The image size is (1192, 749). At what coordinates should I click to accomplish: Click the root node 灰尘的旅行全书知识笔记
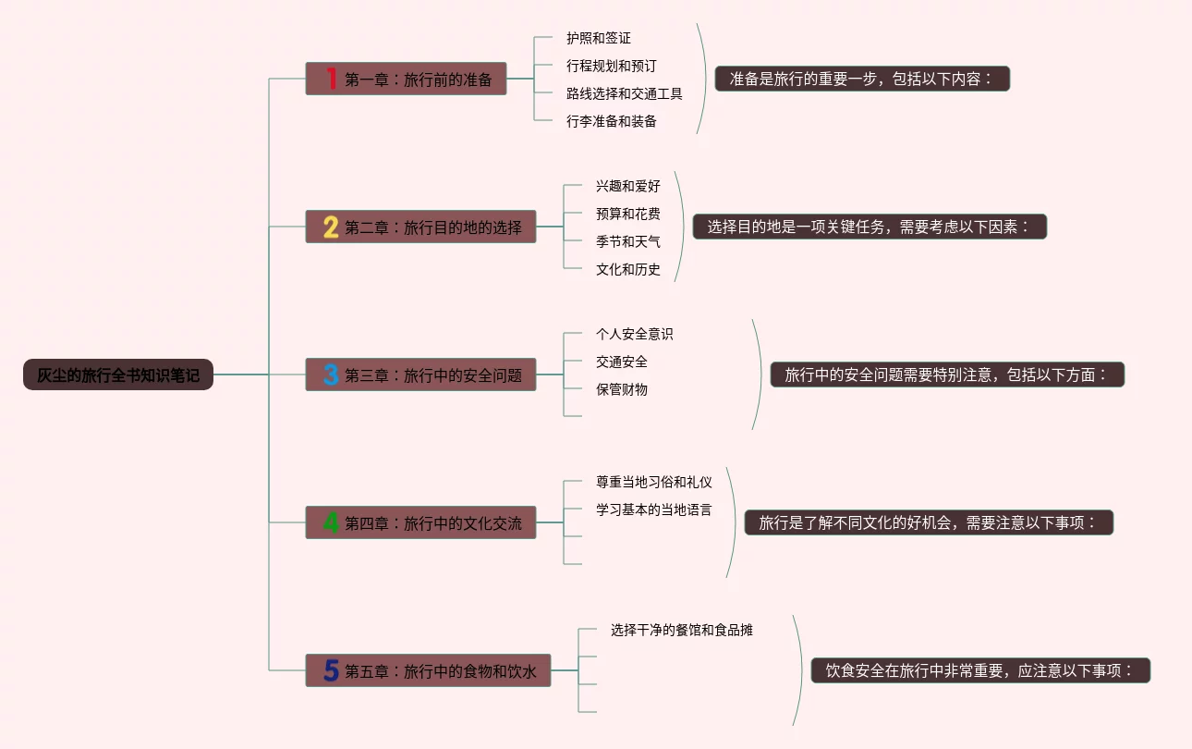coord(118,374)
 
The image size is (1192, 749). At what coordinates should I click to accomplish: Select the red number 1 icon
coord(331,79)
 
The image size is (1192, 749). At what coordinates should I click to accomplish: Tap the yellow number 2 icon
coord(331,227)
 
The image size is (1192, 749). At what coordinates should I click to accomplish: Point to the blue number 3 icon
coord(331,374)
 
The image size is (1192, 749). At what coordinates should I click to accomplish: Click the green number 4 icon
coord(331,522)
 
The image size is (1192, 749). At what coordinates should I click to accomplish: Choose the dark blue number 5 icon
coord(331,670)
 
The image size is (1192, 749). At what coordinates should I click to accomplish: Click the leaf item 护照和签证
coord(599,38)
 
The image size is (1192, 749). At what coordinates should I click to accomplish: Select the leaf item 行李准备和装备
coord(612,121)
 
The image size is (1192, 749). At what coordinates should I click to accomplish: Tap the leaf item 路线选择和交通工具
coord(625,93)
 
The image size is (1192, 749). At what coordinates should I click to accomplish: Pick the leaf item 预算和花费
coord(628,214)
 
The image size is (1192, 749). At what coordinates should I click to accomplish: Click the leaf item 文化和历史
coord(628,269)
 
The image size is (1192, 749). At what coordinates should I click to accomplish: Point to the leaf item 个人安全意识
coord(635,334)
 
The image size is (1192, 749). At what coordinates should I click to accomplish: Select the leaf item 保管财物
coord(622,389)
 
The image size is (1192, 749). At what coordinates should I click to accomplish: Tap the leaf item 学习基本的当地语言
coord(654,510)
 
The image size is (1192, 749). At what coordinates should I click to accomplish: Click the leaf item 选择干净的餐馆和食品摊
coord(682,630)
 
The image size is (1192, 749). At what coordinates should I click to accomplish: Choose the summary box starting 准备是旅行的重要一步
coord(862,79)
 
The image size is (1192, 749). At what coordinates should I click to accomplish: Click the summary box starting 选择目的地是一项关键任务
coord(870,227)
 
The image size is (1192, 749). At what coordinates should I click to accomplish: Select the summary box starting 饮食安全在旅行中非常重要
coord(980,670)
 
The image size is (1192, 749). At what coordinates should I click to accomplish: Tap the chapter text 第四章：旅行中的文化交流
coord(433,523)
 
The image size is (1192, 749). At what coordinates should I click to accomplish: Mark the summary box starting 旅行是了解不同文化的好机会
coord(929,522)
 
